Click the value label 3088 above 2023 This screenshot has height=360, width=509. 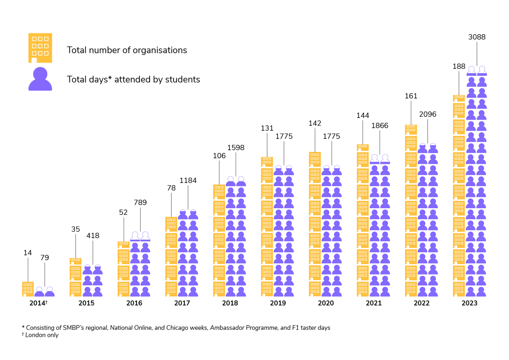tap(477, 37)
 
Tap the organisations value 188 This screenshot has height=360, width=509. tap(459, 66)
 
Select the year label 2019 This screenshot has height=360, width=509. tap(278, 303)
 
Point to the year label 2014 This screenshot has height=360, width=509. tap(37, 303)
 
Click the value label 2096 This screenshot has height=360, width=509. tap(427, 114)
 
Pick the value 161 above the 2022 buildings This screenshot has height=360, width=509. tap(411, 96)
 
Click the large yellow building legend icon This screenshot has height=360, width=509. tap(40, 48)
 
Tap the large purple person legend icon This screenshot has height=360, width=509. tap(40, 79)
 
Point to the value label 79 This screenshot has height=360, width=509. tap(44, 258)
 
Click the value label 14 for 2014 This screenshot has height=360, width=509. tap(28, 253)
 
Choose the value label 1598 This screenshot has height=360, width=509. tap(236, 148)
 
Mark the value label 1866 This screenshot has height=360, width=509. tap(379, 126)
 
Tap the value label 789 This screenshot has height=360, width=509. tap(140, 203)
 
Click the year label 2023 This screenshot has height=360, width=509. tap(469, 303)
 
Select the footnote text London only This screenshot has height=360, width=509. tap(42, 335)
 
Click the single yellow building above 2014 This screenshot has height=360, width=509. tap(28, 289)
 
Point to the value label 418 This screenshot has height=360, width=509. tap(93, 236)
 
